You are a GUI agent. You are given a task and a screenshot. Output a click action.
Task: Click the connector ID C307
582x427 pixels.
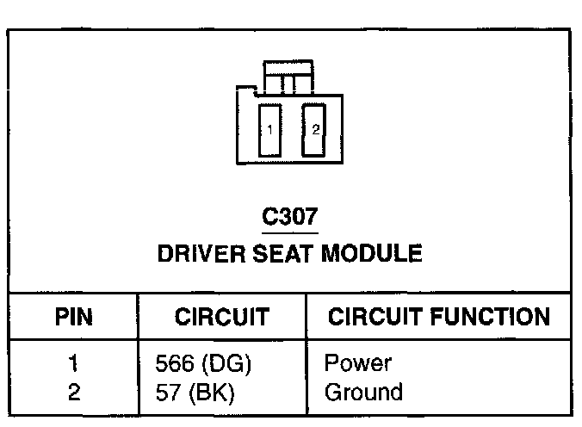(290, 216)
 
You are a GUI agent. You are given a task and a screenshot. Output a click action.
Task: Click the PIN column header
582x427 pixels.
(73, 316)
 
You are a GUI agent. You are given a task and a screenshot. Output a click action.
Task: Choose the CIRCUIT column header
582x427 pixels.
(222, 316)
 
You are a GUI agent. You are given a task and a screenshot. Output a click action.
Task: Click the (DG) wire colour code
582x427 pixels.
(222, 364)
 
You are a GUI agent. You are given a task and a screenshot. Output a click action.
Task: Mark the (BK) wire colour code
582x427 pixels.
(207, 393)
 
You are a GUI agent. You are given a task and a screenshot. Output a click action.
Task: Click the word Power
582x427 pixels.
(357, 364)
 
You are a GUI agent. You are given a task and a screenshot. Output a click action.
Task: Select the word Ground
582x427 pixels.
(363, 393)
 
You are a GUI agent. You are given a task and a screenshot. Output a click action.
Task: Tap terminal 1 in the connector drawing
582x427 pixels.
(270, 130)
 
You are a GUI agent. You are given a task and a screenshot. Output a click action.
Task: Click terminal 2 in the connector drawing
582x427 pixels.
(316, 130)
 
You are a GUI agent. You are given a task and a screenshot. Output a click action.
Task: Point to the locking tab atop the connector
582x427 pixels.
(288, 77)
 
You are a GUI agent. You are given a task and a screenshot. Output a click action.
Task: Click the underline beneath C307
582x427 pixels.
(290, 232)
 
